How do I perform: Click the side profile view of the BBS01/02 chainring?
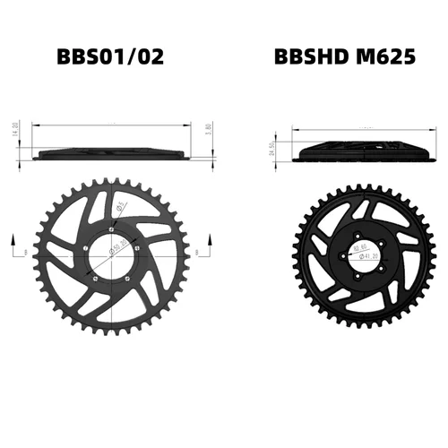click(x=112, y=154)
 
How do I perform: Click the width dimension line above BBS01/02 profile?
click(x=112, y=126)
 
